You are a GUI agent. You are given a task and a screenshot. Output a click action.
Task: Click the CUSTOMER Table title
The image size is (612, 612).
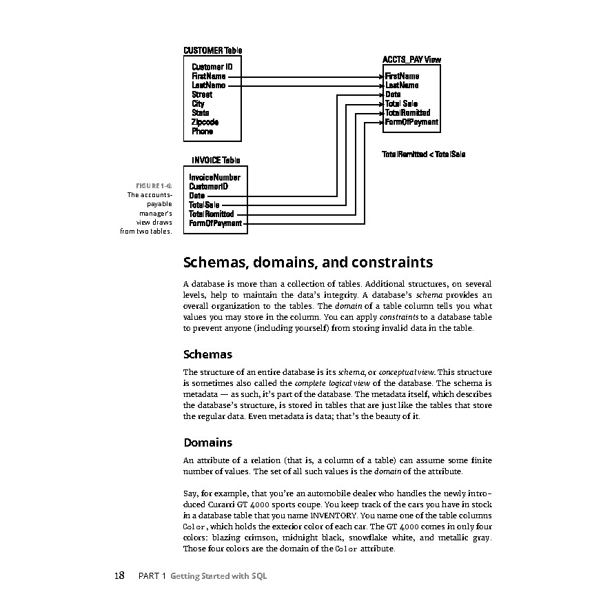click(x=212, y=50)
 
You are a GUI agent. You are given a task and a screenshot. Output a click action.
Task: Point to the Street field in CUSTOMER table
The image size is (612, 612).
click(x=202, y=94)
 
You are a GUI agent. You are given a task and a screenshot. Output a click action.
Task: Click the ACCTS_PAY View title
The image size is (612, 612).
click(x=411, y=60)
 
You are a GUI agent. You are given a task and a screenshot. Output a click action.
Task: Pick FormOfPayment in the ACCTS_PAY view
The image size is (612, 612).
click(x=411, y=122)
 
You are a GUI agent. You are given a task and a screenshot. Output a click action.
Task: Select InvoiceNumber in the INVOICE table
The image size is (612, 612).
click(x=214, y=177)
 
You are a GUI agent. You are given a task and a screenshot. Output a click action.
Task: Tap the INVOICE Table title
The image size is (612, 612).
click(x=216, y=161)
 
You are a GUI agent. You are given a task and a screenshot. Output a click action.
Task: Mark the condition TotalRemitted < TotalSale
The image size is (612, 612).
click(x=423, y=154)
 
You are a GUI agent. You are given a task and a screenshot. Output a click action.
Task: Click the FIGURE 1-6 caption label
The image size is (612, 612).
click(x=154, y=186)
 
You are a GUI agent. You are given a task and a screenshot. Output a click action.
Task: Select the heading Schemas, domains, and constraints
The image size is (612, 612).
click(x=308, y=263)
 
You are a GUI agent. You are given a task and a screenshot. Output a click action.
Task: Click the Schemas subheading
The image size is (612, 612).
click(x=207, y=354)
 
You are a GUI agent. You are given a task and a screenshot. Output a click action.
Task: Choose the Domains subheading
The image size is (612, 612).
click(x=207, y=442)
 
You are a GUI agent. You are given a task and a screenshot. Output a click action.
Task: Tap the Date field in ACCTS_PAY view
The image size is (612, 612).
click(x=393, y=94)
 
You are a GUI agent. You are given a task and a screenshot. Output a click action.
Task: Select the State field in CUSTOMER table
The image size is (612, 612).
click(x=201, y=112)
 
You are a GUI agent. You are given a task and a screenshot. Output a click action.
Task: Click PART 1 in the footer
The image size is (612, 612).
click(x=152, y=576)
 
